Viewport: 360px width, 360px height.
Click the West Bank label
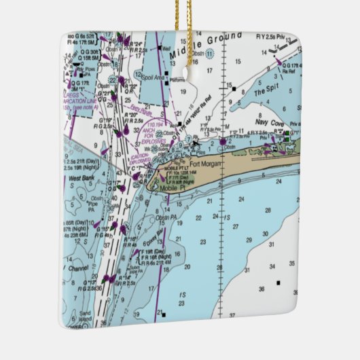pos(82,179)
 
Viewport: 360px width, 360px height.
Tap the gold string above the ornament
pos(183,17)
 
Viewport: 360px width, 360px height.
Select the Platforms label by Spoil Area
pos(178,79)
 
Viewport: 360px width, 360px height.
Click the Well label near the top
pos(166,49)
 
